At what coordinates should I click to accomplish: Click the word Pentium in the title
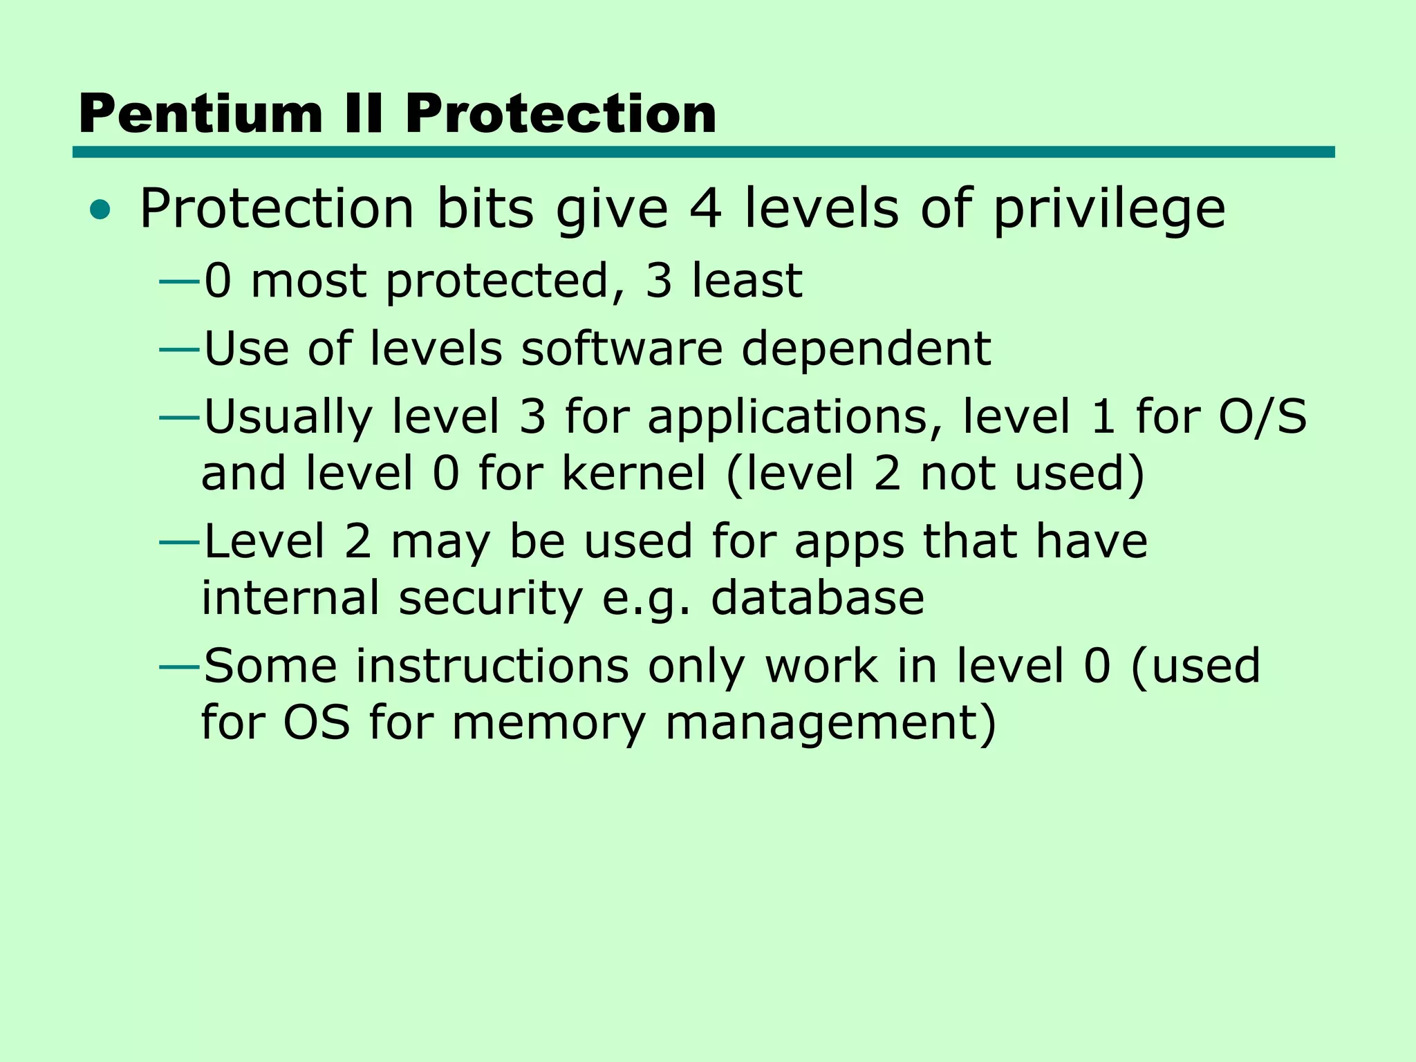(201, 114)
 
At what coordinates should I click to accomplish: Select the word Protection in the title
(561, 114)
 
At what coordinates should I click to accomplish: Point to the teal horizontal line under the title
(703, 152)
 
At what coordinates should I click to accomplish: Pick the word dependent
(866, 349)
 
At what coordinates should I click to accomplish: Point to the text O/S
(1262, 416)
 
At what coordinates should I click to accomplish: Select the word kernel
(634, 473)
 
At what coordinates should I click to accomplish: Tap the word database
(817, 597)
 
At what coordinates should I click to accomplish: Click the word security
(490, 599)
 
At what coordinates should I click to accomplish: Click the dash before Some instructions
(179, 667)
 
